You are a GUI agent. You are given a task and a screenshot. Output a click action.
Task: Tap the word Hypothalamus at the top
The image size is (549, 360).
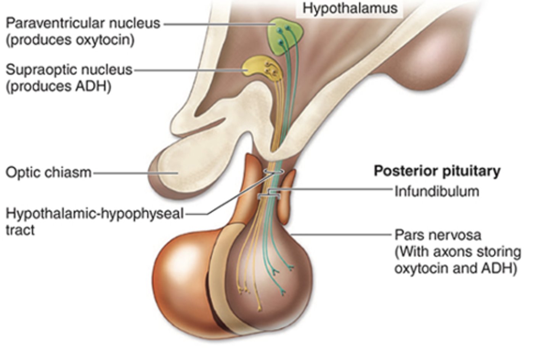[x=350, y=8]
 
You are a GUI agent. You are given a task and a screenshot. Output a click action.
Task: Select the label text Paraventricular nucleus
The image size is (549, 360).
[x=83, y=23]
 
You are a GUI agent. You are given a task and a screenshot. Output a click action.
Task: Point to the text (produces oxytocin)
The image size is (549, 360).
[x=70, y=40]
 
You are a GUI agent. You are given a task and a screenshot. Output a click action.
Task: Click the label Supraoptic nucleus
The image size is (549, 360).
[x=69, y=70]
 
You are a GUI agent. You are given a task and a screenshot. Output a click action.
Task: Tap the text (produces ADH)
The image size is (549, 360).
[x=58, y=87]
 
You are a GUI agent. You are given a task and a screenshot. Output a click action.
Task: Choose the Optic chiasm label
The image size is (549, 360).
[x=48, y=173]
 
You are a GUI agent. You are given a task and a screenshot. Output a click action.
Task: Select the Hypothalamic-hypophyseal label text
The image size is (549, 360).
[x=95, y=214]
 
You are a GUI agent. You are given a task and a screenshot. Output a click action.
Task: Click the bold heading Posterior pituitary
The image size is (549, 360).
[x=437, y=171]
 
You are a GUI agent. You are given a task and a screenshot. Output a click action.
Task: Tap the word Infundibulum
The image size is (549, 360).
[x=437, y=191]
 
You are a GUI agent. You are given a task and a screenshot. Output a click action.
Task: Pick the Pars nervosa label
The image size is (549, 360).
[x=438, y=235]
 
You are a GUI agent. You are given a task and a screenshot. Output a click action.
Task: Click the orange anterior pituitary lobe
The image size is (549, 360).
[x=179, y=282]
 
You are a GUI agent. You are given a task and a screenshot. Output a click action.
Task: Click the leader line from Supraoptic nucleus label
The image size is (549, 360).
[x=187, y=70]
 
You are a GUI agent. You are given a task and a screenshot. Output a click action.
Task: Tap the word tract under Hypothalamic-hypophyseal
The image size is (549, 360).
[x=20, y=230]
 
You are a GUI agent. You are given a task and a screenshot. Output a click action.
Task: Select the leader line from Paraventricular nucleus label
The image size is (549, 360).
[x=217, y=24]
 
